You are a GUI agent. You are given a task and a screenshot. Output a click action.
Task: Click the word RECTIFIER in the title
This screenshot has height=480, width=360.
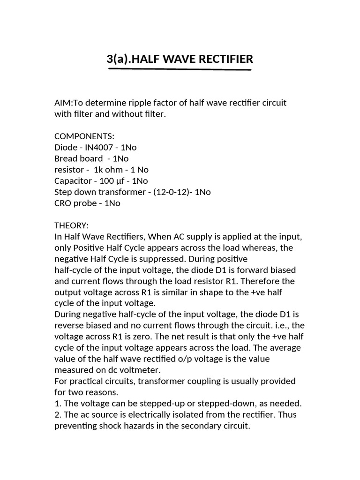[221, 59]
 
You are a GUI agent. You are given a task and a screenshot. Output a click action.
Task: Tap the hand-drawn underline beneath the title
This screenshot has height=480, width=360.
[180, 69]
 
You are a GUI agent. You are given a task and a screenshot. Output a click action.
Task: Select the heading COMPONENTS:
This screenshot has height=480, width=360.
[84, 136]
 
